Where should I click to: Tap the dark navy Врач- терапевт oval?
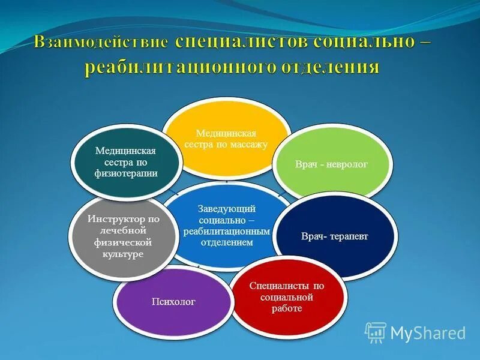[334, 235]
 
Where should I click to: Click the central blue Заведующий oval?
[227, 225]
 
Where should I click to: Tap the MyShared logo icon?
[376, 332]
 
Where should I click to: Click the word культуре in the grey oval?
[124, 254]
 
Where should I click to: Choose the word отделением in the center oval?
[227, 243]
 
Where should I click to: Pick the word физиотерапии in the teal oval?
[127, 173]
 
